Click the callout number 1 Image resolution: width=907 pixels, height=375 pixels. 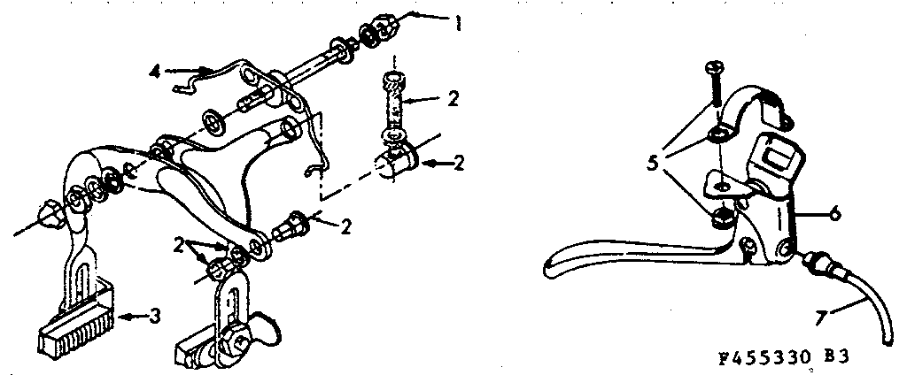(x=457, y=19)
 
